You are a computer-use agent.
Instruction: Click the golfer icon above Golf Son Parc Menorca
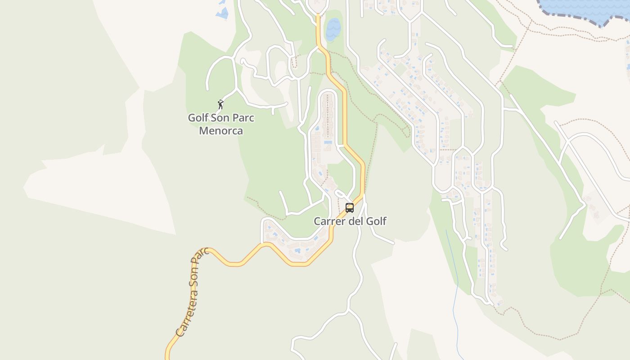[220, 105]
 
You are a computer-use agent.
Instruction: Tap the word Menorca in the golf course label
[221, 131]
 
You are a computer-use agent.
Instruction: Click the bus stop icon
[350, 207]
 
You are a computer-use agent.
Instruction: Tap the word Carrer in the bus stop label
[328, 221]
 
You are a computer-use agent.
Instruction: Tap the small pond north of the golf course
[222, 13]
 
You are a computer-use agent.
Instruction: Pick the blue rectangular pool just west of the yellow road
[328, 142]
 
